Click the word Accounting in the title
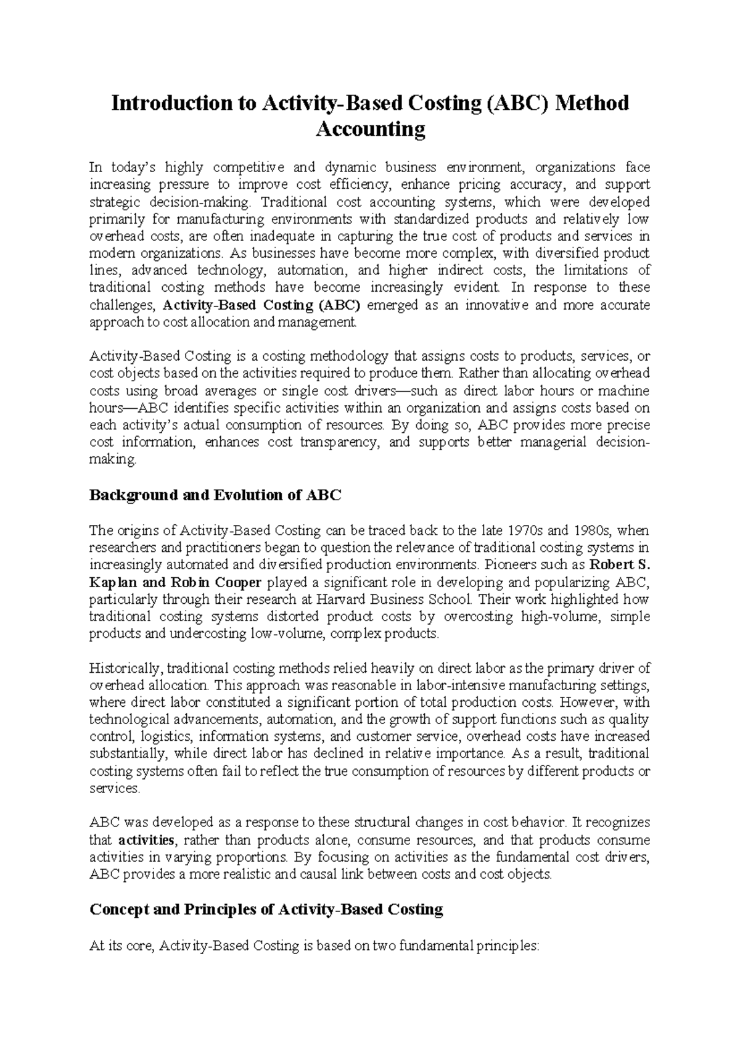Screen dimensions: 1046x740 click(370, 130)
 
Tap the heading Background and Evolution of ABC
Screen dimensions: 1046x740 click(215, 495)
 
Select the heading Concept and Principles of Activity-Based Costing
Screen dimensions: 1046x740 click(266, 909)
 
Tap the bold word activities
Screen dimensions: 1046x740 click(147, 840)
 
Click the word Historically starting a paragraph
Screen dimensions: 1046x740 click(125, 668)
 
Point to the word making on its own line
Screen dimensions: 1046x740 click(111, 459)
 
